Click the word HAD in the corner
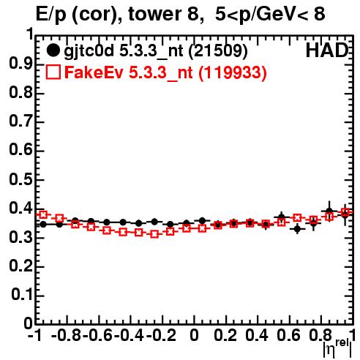327,50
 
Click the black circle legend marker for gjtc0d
53,50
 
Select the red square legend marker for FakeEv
53,72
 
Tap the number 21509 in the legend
218,51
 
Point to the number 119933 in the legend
233,72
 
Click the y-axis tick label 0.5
21,180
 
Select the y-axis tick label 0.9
21,64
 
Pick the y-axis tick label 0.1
22,295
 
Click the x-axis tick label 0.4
257,335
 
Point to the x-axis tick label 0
194,335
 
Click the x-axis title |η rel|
337,348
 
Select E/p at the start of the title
51,15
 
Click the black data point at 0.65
297,229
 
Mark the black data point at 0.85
329,211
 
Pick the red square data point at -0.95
43,214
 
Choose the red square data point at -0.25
154,234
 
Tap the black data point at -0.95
43,225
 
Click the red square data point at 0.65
297,218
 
